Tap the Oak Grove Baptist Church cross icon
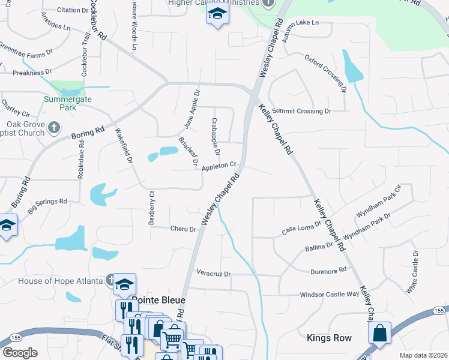[x=54, y=127]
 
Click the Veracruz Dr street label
[x=214, y=274]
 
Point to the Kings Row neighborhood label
[x=329, y=338]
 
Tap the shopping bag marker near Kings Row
[x=379, y=333]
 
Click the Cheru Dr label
[x=183, y=229]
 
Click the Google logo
[x=20, y=353]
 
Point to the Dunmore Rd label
[x=328, y=271]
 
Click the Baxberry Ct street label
[x=152, y=208]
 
